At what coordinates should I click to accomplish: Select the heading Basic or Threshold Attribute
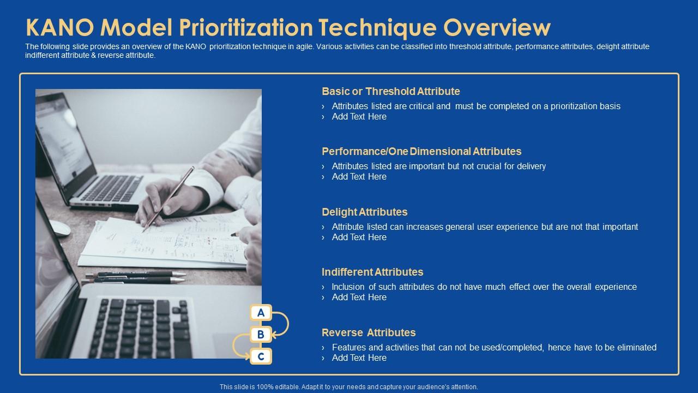pyautogui.click(x=390, y=91)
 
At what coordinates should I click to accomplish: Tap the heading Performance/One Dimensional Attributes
pyautogui.click(x=421, y=151)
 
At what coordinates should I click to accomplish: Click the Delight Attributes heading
pyautogui.click(x=364, y=212)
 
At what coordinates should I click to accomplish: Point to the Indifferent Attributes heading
pyautogui.click(x=372, y=272)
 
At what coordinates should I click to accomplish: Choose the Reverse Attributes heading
pyautogui.click(x=368, y=332)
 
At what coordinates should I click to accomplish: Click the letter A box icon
pyautogui.click(x=261, y=313)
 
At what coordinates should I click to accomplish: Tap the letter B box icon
pyautogui.click(x=261, y=335)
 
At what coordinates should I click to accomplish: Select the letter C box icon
pyautogui.click(x=261, y=356)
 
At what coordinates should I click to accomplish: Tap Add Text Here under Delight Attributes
pyautogui.click(x=359, y=237)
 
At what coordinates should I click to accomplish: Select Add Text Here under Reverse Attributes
pyautogui.click(x=359, y=358)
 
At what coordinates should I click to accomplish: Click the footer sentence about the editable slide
pyautogui.click(x=348, y=386)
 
